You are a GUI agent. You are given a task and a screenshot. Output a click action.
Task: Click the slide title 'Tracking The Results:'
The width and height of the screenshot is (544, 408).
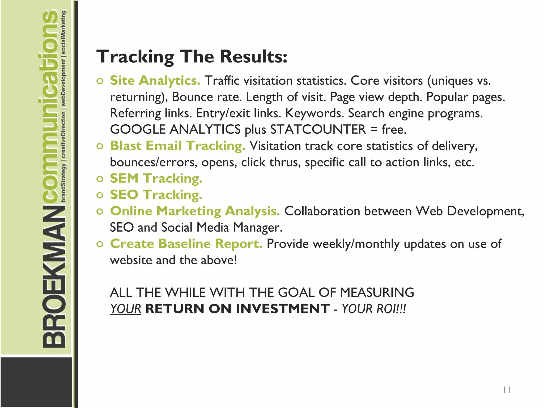192,57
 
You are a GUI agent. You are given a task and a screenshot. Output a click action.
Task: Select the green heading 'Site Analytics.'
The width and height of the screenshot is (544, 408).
155,80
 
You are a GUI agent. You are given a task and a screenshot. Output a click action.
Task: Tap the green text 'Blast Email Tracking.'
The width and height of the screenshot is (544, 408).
177,146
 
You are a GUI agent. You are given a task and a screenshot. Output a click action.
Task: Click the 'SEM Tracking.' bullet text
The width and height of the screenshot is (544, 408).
156,178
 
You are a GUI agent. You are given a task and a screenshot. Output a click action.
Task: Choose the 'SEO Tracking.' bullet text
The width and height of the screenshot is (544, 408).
156,195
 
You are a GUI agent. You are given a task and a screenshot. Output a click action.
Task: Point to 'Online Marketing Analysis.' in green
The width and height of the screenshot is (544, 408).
195,211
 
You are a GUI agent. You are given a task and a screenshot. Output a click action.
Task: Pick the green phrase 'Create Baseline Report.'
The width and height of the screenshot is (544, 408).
186,244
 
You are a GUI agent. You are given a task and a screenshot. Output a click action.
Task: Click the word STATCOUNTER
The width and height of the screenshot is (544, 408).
318,130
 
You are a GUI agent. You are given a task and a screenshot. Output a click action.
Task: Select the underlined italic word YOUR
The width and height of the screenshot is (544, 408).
126,309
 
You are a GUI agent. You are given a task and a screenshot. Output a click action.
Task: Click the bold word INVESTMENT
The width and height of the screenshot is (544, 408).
283,309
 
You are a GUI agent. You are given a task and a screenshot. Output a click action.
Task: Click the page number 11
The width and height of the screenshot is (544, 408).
507,390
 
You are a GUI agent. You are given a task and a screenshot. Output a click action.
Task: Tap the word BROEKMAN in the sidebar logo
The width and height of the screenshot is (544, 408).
54,276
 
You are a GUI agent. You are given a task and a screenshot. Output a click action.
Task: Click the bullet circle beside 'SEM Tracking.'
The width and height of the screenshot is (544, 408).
100,179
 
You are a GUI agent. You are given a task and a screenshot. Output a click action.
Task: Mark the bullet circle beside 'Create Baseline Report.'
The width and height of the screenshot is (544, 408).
100,244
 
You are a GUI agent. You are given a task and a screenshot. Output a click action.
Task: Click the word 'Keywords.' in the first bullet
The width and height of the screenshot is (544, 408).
314,113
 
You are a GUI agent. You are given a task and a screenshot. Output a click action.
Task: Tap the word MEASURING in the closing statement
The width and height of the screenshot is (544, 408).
377,292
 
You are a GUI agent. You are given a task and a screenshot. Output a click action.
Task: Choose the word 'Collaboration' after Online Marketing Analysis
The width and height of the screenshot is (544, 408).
322,211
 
